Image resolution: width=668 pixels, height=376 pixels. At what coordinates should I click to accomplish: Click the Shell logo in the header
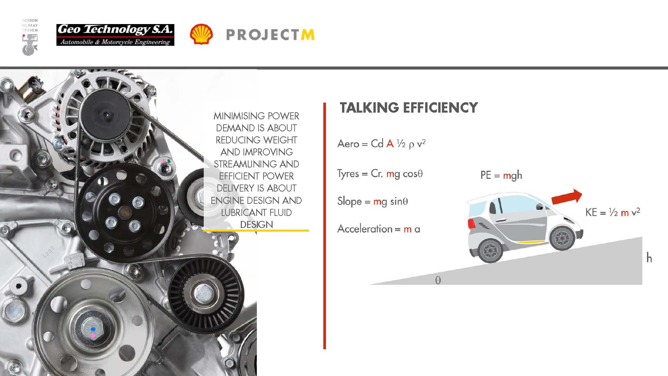[201, 34]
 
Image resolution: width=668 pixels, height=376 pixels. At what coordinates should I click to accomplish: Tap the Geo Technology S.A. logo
[115, 35]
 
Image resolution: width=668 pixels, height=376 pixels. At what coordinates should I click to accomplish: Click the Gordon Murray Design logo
[30, 37]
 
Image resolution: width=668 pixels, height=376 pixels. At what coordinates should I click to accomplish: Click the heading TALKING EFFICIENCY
[409, 108]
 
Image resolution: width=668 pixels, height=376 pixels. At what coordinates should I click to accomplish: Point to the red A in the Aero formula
[390, 143]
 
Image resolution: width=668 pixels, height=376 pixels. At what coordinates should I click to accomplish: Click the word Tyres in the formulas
[348, 173]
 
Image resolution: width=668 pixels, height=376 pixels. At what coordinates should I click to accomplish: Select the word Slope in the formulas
[349, 201]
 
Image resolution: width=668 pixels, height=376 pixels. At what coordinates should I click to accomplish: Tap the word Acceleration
[365, 229]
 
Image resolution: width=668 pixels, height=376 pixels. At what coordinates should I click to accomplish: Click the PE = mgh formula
[501, 175]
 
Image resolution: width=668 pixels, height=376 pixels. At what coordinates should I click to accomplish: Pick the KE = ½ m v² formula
[613, 212]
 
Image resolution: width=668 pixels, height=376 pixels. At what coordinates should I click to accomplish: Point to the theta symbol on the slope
[438, 280]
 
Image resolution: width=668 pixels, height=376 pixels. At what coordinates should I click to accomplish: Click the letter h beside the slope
[649, 258]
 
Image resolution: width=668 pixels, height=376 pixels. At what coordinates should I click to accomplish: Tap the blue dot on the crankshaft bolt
[93, 329]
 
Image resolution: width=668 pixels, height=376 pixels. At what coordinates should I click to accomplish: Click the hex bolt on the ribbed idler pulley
[201, 294]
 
